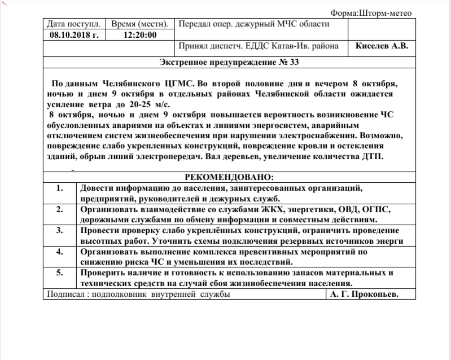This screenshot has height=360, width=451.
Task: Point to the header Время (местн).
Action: pyautogui.click(x=139, y=24)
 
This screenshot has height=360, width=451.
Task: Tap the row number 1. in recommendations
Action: pyautogui.click(x=59, y=188)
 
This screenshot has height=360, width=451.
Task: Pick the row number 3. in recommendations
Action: pyautogui.click(x=59, y=230)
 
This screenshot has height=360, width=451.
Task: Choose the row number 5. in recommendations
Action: pyautogui.click(x=59, y=273)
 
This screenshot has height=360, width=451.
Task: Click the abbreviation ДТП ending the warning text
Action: pyautogui.click(x=372, y=156)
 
